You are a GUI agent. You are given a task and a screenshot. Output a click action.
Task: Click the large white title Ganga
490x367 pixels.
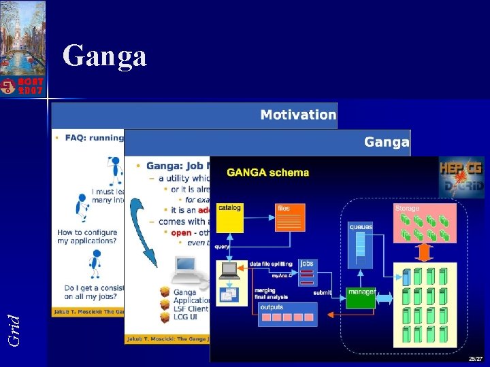coord(104,56)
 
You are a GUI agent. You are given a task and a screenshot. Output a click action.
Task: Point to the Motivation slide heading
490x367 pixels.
coord(297,115)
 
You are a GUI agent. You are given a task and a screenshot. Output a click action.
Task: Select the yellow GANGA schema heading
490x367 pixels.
coord(267,173)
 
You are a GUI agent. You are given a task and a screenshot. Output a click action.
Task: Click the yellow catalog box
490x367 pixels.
coord(229,217)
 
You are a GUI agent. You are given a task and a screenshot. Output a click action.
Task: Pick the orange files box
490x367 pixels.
coord(290,217)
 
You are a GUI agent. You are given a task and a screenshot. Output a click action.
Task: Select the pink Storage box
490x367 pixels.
coord(424,222)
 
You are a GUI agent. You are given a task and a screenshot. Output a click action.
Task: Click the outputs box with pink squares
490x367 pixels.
coord(287,313)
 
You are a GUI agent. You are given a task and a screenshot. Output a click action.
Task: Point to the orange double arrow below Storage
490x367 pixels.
coord(425,251)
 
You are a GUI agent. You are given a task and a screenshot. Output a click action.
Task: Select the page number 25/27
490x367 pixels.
coord(474,358)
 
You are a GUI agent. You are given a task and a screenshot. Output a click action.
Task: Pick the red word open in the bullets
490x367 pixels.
coord(182,233)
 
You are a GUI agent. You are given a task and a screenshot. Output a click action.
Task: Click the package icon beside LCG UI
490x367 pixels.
coord(165,317)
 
